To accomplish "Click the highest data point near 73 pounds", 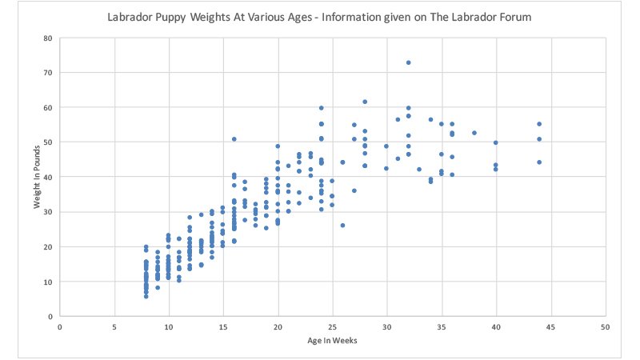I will point(408,62).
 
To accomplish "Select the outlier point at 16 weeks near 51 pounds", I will point(234,139).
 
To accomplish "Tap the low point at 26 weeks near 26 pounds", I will point(342,226).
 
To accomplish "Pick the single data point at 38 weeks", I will point(474,134).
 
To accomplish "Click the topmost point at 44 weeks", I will point(539,124).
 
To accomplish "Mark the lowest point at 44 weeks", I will point(539,162).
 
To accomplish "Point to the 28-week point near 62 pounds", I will point(365,102).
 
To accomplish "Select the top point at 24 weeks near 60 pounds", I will point(322,108).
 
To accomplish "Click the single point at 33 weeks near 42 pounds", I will point(419,170).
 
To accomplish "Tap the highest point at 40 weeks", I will point(496,143).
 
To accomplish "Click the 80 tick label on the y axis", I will point(48,38).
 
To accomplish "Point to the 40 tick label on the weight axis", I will point(48,178).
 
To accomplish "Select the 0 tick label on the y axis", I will point(50,317).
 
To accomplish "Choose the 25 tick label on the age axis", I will point(332,327).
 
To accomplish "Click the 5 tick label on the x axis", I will point(114,327).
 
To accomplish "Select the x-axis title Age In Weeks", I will point(331,342).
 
